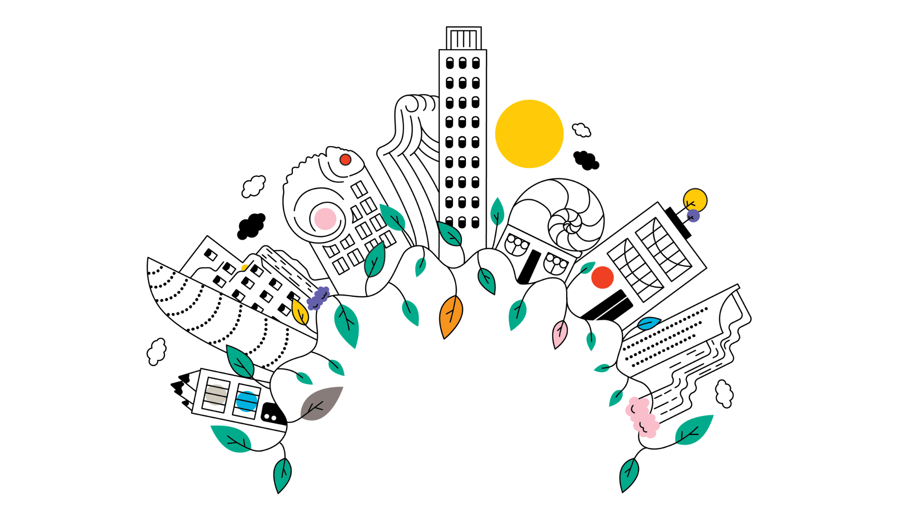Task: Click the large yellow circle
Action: (529, 134)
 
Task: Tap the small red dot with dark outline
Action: (345, 160)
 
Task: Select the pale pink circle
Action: (325, 219)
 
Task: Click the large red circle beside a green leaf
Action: (602, 278)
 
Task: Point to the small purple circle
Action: (693, 216)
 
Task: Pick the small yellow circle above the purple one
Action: (695, 200)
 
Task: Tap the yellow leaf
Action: (299, 311)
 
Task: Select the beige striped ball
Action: (216, 395)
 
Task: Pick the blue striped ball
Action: (246, 402)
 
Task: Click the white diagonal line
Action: (610, 309)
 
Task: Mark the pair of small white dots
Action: (270, 417)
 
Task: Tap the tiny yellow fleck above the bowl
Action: (244, 267)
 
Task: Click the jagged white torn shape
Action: (191, 390)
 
